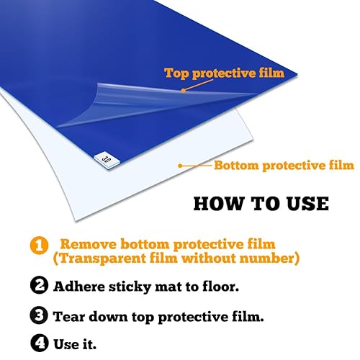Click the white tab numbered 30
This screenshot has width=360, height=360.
[107, 160]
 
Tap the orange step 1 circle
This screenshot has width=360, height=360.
[40, 246]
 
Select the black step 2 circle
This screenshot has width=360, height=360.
[40, 285]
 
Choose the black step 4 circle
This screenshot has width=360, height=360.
[40, 343]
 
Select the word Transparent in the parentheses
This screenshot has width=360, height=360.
[99, 258]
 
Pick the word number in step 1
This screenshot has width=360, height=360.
[267, 258]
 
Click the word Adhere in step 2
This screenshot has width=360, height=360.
[79, 286]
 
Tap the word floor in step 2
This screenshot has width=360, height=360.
[220, 286]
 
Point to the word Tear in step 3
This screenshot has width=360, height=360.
[68, 316]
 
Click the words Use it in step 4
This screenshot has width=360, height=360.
[75, 344]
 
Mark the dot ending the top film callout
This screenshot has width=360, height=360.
[183, 91]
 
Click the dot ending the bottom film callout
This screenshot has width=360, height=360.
[180, 166]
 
